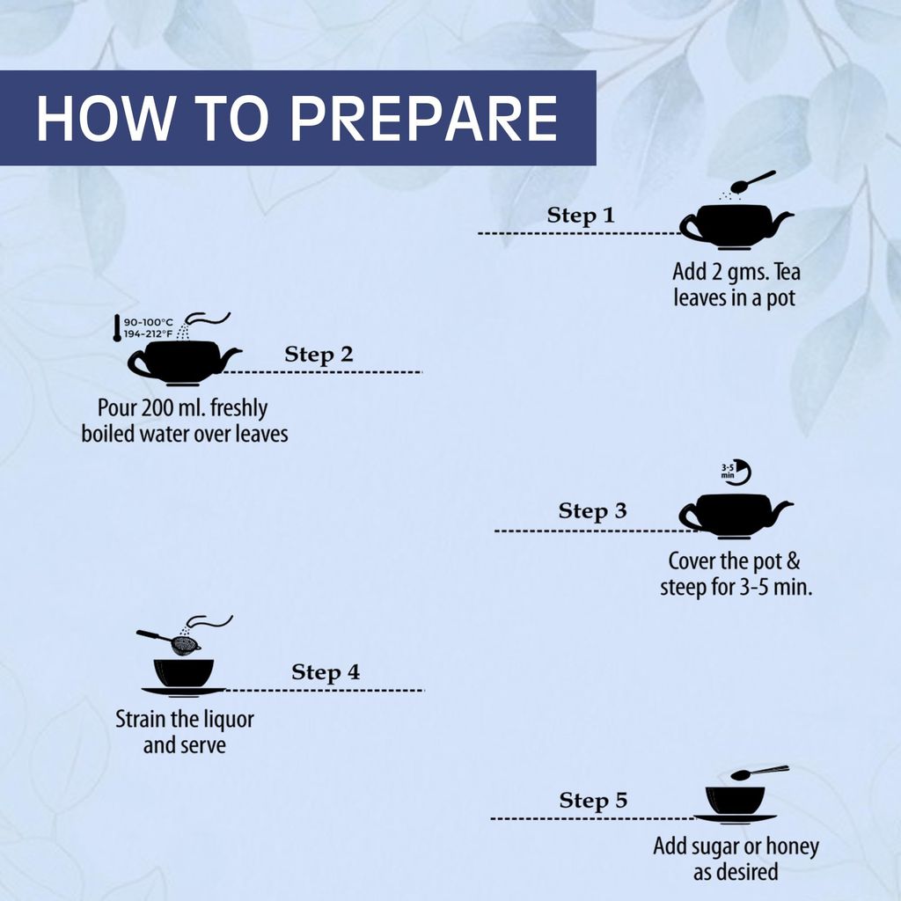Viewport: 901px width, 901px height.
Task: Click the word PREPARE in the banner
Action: [x=424, y=119]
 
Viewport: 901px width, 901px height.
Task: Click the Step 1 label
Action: [x=581, y=216]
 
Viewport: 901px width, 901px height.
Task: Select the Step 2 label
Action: [x=319, y=355]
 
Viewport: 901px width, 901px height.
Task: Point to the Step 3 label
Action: [x=592, y=511]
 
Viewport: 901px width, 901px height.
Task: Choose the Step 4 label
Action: [x=326, y=672]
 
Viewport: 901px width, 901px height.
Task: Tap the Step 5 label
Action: [x=593, y=801]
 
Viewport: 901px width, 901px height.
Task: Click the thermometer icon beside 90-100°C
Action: [x=117, y=328]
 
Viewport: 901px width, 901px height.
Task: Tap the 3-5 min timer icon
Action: [x=736, y=472]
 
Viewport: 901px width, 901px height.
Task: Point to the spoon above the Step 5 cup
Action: [x=759, y=773]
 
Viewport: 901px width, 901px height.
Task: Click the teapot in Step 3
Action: [x=736, y=516]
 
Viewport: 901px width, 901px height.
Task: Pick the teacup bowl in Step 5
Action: [x=735, y=800]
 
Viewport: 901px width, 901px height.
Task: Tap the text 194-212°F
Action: [x=148, y=333]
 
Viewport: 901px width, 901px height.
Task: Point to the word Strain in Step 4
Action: [x=141, y=719]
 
